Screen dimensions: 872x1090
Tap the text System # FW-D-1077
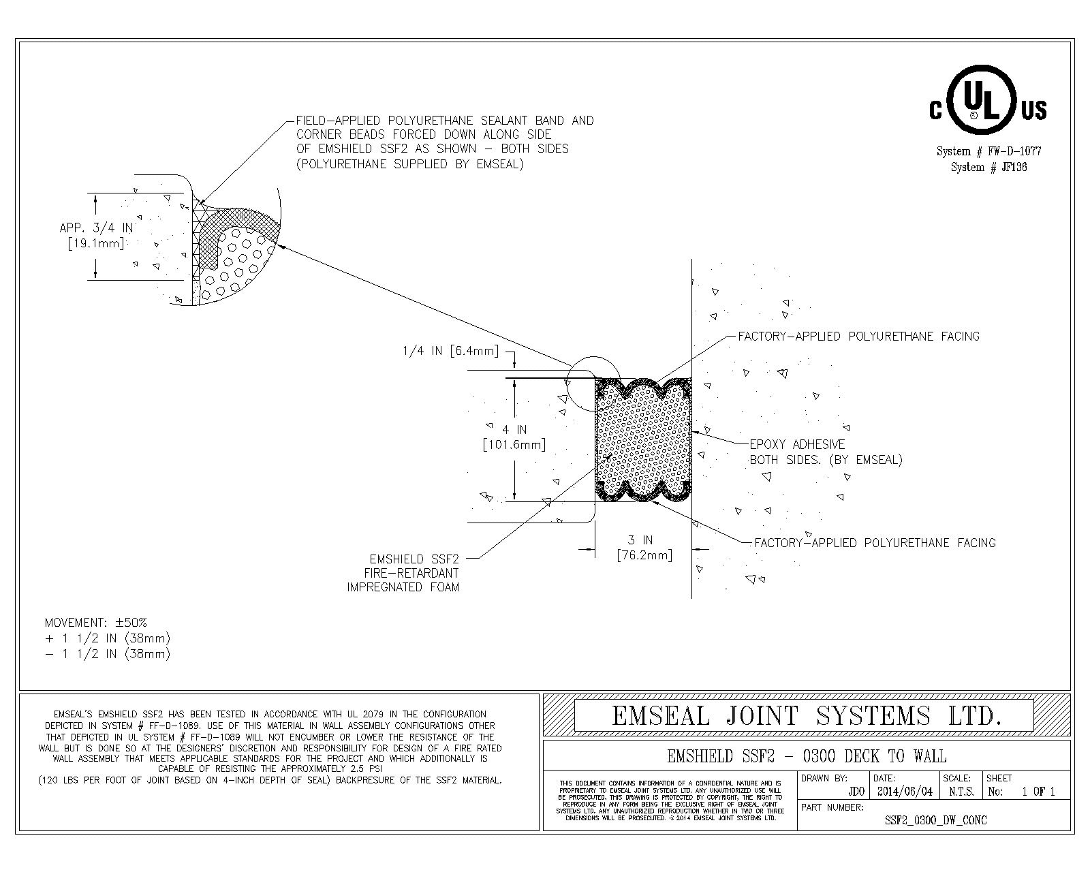tap(988, 151)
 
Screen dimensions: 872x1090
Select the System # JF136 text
tap(988, 167)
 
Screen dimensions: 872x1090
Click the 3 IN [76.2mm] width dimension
tap(644, 548)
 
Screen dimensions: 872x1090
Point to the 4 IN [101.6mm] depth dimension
tap(514, 437)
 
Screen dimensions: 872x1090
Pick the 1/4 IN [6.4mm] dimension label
tap(450, 352)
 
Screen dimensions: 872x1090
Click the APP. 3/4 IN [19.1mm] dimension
tap(96, 235)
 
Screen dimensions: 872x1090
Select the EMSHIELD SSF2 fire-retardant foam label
tap(403, 573)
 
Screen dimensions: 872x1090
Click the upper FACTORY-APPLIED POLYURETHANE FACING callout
tap(858, 336)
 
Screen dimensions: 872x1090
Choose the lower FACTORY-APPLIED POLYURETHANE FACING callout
tap(875, 543)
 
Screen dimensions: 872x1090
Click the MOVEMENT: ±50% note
tap(96, 623)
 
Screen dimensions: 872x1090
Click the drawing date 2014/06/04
tap(905, 792)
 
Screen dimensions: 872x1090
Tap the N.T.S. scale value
tap(961, 792)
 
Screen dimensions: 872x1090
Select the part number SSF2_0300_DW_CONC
tap(935, 820)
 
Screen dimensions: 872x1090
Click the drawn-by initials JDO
tap(856, 792)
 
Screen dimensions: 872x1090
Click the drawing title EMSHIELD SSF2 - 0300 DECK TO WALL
tap(807, 756)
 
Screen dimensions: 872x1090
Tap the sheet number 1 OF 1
tap(1038, 792)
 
